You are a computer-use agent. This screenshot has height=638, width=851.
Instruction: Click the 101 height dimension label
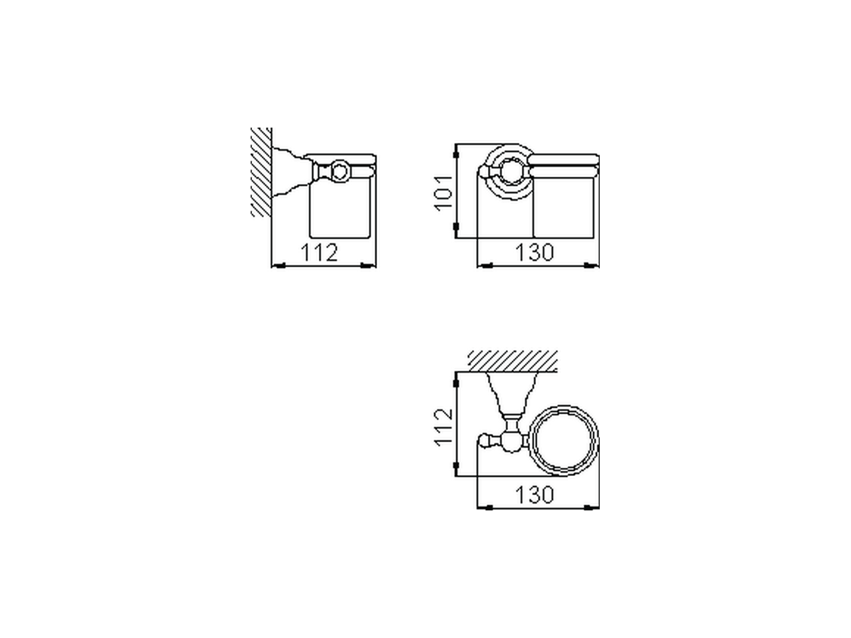click(443, 191)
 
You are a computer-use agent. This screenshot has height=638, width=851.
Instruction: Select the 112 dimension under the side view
click(320, 253)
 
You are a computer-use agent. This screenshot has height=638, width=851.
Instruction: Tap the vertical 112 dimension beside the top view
click(443, 425)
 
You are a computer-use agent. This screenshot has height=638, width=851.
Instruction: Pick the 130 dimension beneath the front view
click(535, 253)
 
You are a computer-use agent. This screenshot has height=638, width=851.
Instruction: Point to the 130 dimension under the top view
click(535, 494)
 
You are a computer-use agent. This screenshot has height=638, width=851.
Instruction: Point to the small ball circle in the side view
click(340, 172)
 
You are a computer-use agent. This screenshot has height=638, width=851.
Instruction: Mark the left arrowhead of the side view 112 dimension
click(279, 266)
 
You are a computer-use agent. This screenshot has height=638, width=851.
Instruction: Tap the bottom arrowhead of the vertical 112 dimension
click(455, 469)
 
